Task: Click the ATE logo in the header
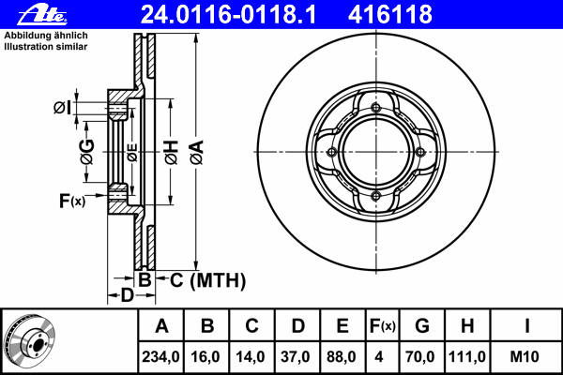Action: pos(42,15)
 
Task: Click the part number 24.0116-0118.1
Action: pos(229,15)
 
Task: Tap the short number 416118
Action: pos(390,15)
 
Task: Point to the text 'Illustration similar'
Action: pos(46,47)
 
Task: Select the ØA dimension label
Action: pos(197,153)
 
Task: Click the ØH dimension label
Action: pos(172,153)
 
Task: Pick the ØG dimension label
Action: pos(87,152)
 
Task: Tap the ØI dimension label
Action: pos(63,108)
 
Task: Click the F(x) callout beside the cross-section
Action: pos(72,201)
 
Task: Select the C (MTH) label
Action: pos(208,280)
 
